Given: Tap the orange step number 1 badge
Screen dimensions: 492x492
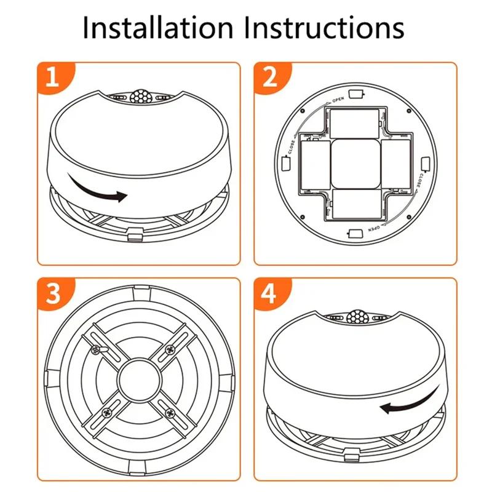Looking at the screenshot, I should point(53,78).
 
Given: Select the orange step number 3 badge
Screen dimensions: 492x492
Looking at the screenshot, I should point(53,294).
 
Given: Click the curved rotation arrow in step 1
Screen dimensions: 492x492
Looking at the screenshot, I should point(98,191).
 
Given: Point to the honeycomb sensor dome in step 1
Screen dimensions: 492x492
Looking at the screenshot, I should point(139,97).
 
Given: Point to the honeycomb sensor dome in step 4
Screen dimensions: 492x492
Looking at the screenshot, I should point(355,317).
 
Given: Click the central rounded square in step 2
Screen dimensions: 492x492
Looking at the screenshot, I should point(355,164).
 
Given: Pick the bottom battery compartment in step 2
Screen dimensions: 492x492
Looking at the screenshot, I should point(355,206).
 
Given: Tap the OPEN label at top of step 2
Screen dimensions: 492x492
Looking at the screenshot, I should point(338,100).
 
